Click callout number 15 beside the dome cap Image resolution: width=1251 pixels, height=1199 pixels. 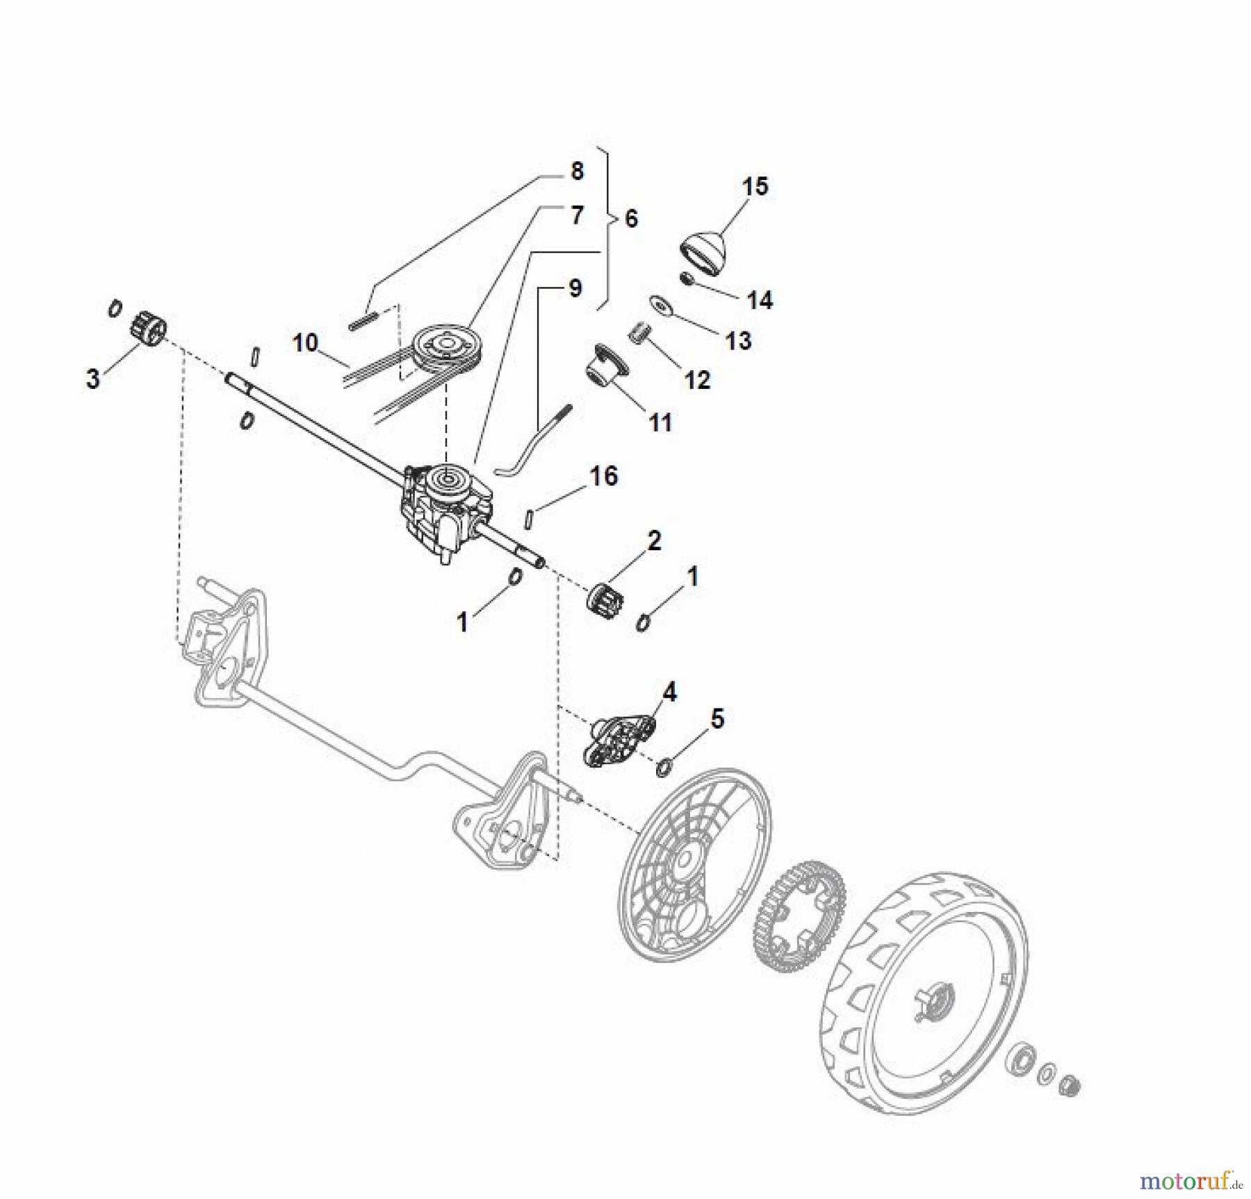[755, 186]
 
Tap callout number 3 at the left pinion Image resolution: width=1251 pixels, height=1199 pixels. [92, 379]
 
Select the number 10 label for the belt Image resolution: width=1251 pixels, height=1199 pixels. [305, 342]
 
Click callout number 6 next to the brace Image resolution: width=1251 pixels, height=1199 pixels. [630, 219]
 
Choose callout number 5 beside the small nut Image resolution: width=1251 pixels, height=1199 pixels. [717, 719]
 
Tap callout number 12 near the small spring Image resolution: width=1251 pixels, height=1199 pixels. [697, 379]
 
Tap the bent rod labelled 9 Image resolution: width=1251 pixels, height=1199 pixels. [534, 441]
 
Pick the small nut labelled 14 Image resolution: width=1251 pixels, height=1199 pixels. [687, 279]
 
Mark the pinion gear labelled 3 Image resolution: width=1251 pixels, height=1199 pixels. [147, 328]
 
